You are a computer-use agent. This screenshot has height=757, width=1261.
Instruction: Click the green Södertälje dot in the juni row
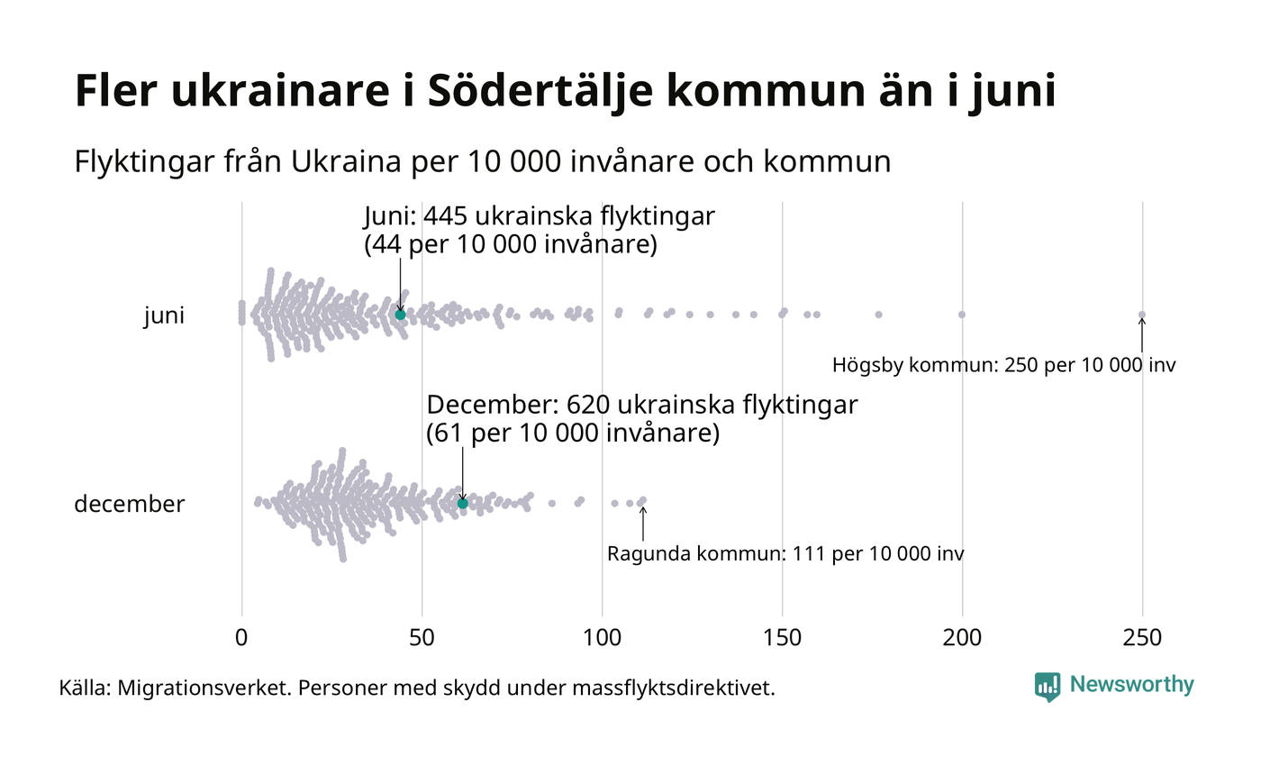(400, 315)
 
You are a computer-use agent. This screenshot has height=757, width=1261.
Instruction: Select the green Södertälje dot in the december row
(462, 503)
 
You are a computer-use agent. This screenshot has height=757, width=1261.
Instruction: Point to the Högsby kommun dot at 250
(1142, 315)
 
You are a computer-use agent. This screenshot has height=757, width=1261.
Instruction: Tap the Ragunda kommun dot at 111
(642, 500)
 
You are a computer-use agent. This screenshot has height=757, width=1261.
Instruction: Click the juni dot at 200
(962, 315)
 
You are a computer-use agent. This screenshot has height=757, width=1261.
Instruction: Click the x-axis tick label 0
(241, 637)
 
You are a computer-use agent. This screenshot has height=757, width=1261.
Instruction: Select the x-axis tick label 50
(422, 637)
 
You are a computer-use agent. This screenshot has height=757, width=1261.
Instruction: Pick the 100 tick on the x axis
(602, 637)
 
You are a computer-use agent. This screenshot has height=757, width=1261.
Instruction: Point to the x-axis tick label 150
(782, 637)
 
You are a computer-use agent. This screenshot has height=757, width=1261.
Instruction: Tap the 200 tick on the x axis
(962, 637)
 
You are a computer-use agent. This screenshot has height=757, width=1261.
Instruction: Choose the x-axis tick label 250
(1142, 637)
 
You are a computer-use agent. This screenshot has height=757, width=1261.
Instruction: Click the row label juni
(164, 316)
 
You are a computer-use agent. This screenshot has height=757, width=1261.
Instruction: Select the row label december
(129, 504)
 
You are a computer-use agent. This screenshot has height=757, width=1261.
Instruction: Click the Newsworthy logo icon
(1048, 687)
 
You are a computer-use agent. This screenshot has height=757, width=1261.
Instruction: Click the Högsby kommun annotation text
(1003, 366)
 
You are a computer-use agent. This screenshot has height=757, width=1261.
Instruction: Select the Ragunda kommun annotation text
(785, 553)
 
